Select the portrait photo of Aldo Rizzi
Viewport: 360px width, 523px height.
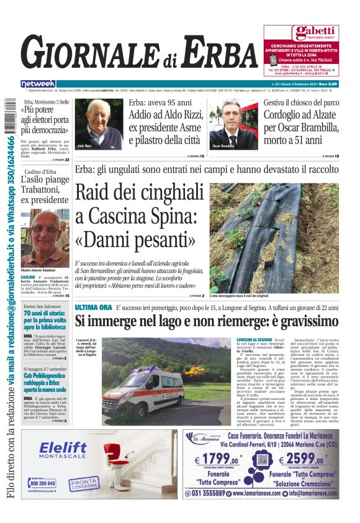tap(98, 124)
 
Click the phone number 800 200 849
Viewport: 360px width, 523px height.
tap(42, 483)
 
